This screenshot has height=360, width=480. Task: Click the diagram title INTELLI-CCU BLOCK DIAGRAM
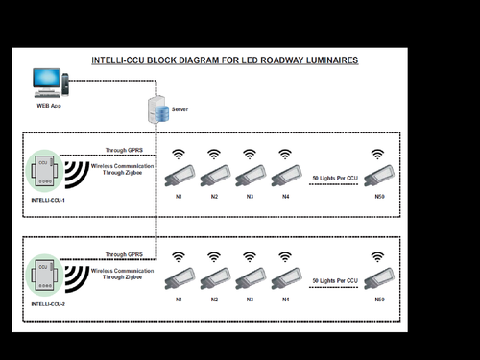point(225,60)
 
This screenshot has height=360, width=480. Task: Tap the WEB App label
point(49,106)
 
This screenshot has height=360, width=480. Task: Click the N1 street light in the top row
point(179,176)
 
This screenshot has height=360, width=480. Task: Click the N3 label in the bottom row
point(250,300)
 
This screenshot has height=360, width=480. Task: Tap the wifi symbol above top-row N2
point(213,154)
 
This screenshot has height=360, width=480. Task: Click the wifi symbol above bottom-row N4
point(284,256)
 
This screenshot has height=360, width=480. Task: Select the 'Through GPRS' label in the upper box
point(124,151)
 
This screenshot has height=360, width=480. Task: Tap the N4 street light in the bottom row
point(285,278)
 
